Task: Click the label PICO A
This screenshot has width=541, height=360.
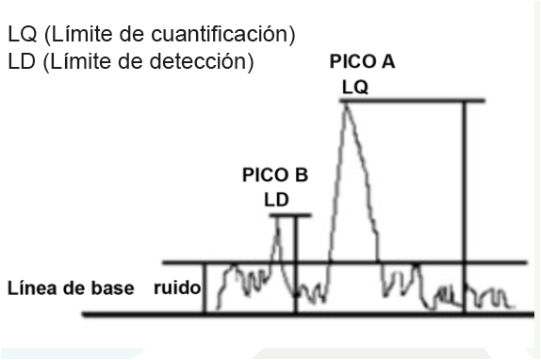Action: [362, 61]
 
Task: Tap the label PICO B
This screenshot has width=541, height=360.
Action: [275, 174]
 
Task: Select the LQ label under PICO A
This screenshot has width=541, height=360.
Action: [355, 88]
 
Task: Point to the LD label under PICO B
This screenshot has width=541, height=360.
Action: [276, 200]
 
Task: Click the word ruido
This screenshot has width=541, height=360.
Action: [177, 287]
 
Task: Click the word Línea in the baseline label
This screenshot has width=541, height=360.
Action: [32, 288]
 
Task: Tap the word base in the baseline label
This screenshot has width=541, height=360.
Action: [116, 288]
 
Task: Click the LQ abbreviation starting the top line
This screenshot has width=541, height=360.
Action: [23, 34]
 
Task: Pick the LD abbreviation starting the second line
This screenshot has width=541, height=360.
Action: [22, 61]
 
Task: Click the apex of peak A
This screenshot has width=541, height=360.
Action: [346, 105]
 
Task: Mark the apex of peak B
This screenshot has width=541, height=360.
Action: [278, 219]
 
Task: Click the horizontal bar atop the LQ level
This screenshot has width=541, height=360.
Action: [413, 101]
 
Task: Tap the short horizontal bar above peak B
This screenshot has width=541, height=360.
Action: [290, 216]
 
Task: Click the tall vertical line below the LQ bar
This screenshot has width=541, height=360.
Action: [465, 207]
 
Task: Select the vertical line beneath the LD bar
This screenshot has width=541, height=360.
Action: [295, 265]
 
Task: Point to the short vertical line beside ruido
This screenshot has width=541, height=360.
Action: [205, 288]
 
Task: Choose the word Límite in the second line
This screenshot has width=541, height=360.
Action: [80, 60]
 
